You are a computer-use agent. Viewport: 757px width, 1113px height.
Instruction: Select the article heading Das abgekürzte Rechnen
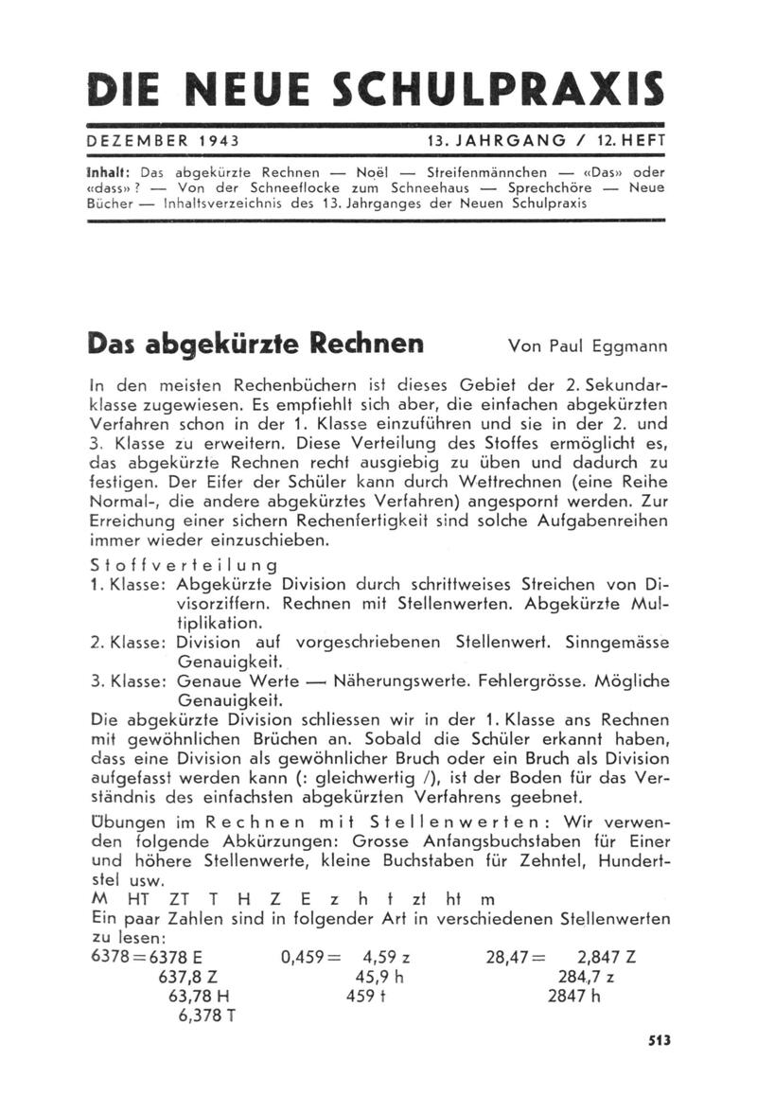point(255,343)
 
